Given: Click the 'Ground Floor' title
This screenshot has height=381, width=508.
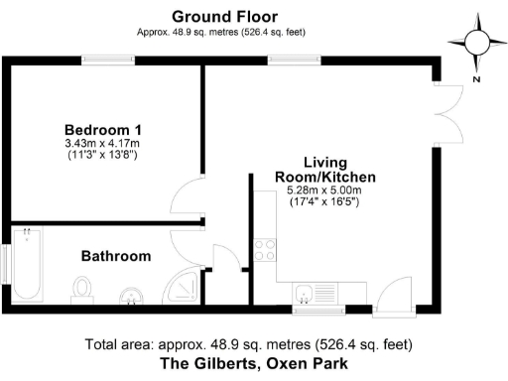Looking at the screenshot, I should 224,16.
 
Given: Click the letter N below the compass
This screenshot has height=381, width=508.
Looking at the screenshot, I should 476,79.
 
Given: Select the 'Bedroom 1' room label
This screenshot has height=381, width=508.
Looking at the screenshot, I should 102,130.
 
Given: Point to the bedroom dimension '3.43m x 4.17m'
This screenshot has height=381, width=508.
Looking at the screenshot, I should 102,144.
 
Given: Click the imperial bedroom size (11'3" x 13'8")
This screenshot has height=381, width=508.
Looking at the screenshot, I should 102,156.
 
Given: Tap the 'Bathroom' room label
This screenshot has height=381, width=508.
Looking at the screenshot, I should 116,256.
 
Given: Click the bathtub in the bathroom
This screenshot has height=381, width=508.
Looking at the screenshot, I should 26,265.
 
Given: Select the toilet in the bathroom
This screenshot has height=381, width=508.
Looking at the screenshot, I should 82,289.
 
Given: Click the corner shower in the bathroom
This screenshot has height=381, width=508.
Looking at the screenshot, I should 183,289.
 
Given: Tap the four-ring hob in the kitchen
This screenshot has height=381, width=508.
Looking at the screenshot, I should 265,250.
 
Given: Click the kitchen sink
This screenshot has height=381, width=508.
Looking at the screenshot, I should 308,294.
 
